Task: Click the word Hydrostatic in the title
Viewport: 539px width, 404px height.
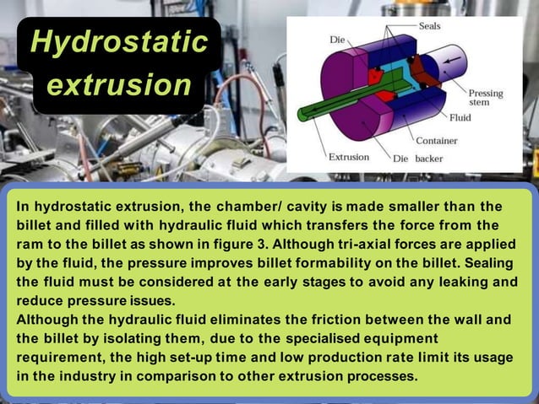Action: (118, 41)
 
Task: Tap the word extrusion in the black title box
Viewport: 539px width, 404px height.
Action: (118, 84)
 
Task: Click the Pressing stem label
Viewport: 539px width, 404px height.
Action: (485, 98)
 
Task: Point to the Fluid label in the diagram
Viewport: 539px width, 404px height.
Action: (460, 117)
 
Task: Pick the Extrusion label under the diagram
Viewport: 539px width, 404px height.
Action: (348, 157)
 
